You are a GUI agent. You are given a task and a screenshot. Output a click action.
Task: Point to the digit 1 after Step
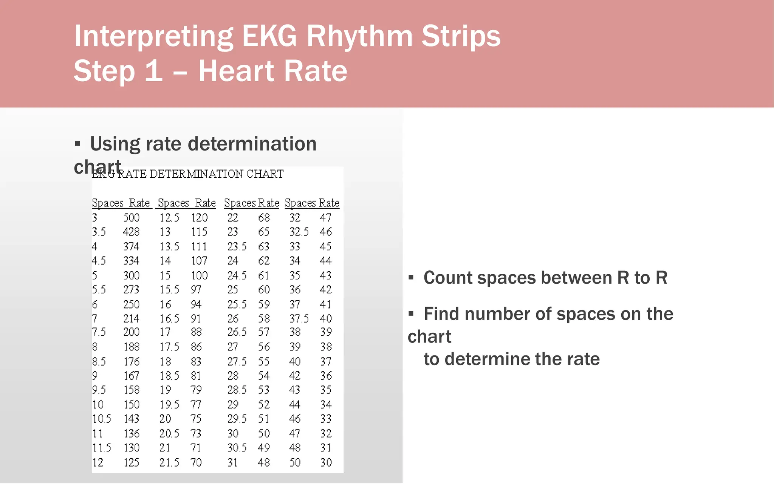tap(153, 71)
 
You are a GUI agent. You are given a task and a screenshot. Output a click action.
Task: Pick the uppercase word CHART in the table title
tap(265, 174)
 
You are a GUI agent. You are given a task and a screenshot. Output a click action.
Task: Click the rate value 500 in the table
tap(131, 218)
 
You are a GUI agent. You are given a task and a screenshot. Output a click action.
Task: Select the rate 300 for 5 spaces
tap(131, 276)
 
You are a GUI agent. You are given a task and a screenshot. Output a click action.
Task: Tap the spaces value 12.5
tap(169, 218)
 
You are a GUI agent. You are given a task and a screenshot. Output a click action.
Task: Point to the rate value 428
tap(131, 232)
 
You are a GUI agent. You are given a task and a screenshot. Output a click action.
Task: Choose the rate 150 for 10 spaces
tap(131, 405)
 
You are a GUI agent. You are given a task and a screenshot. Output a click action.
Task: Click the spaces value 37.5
tap(299, 319)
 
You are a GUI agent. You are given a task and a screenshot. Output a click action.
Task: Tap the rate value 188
tap(131, 347)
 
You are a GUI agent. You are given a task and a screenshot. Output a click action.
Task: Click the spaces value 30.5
tap(237, 448)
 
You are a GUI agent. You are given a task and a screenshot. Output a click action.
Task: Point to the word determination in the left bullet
tap(252, 144)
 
